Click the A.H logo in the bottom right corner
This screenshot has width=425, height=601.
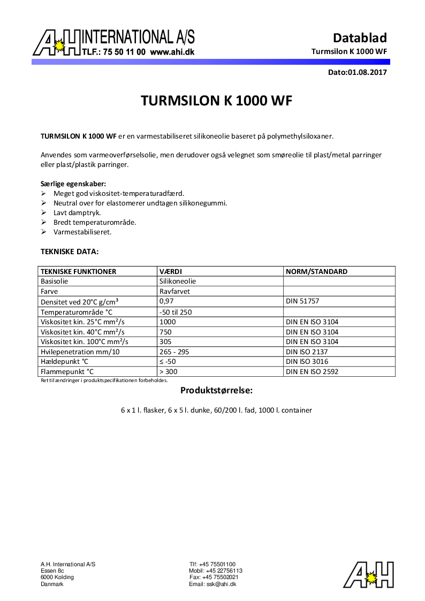pos(369,575)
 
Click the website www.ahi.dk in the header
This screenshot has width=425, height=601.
pos(172,52)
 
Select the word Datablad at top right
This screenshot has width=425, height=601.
pos(360,37)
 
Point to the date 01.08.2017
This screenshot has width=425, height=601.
pos(367,72)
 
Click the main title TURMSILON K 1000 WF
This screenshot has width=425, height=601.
pos(216,101)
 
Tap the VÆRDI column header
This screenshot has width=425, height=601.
pos(171,271)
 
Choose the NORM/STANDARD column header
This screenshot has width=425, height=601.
pos(317,271)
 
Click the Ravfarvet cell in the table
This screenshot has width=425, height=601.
pos(174,292)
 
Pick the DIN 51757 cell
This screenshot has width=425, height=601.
pos(302,301)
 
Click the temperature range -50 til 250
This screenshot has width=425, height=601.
pos(176,312)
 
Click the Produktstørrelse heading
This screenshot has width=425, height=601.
pos(216,390)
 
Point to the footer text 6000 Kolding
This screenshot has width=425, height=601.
pos(57,577)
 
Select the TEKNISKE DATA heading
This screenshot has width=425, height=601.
pos(70,251)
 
